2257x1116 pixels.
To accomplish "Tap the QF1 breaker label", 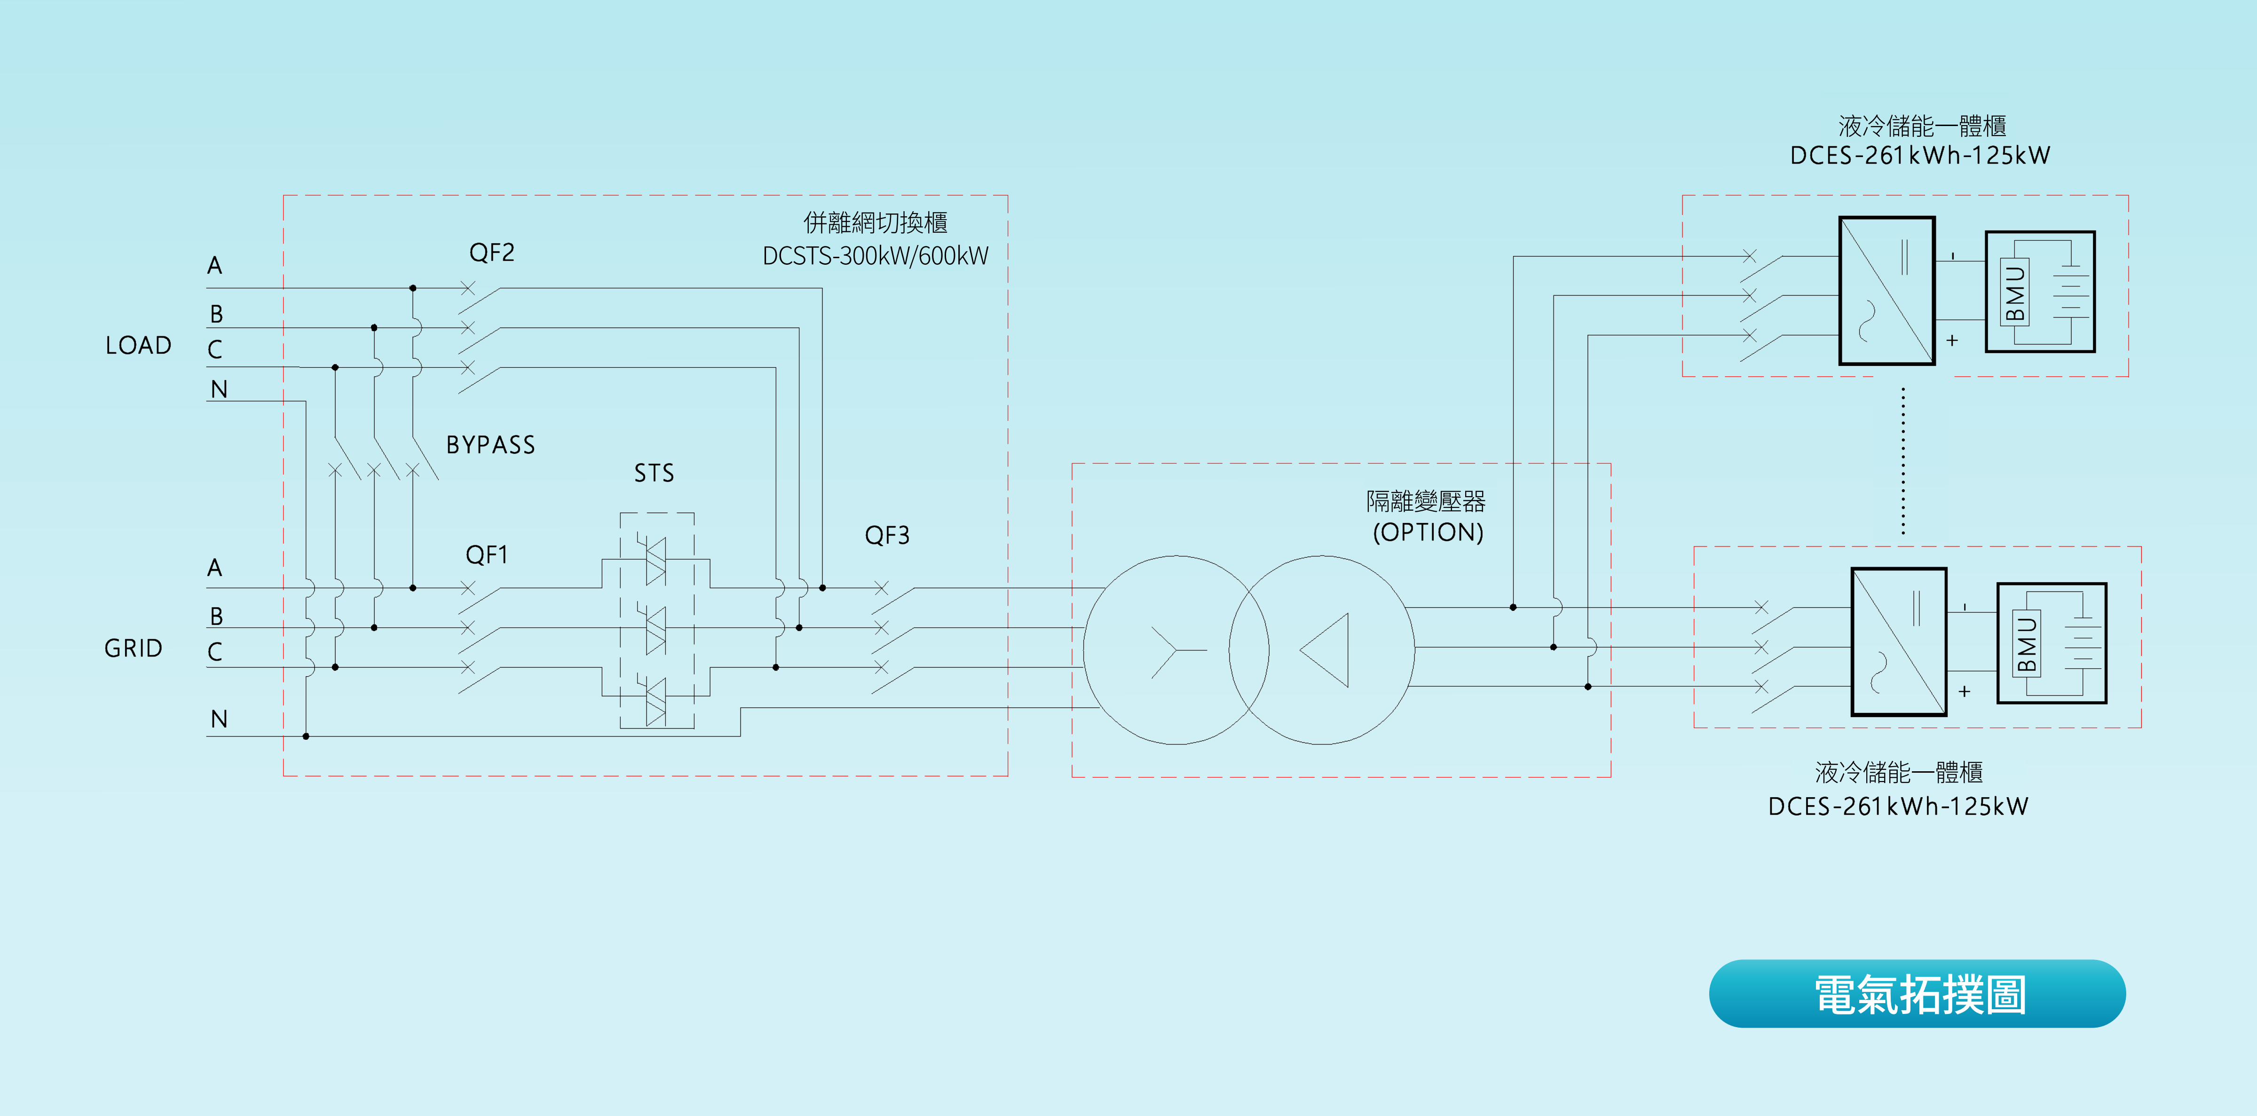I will (486, 554).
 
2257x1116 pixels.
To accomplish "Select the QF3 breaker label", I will (887, 535).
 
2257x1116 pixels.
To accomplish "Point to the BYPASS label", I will (490, 445).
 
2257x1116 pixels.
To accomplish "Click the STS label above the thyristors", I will (654, 473).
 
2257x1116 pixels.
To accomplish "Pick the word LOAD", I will (138, 345).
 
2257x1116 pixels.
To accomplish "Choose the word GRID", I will (133, 648).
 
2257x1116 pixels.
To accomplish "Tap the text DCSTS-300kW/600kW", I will (875, 256).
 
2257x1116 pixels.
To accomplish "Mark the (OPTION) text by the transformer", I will (1427, 532).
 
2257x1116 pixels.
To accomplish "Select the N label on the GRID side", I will (219, 719).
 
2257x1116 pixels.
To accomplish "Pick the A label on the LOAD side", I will (215, 265).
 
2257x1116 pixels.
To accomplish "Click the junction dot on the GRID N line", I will (306, 736).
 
